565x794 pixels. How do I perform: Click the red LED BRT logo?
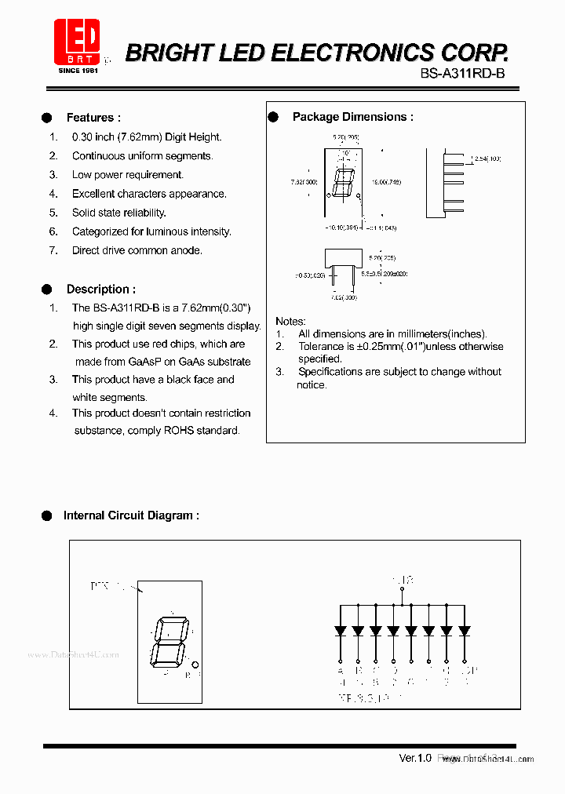[77, 41]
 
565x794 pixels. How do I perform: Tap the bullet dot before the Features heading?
[46, 118]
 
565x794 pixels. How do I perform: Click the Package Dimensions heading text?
[352, 117]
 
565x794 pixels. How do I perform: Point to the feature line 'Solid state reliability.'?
[119, 213]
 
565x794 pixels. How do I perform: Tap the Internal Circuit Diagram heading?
[131, 515]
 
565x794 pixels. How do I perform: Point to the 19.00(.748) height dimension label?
[387, 181]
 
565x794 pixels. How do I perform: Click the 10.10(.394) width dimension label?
[342, 228]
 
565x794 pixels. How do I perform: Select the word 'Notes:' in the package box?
[290, 322]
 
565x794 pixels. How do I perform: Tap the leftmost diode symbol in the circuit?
[341, 630]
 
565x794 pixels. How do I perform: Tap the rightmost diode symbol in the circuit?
[464, 630]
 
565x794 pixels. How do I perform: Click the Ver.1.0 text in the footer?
[415, 758]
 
